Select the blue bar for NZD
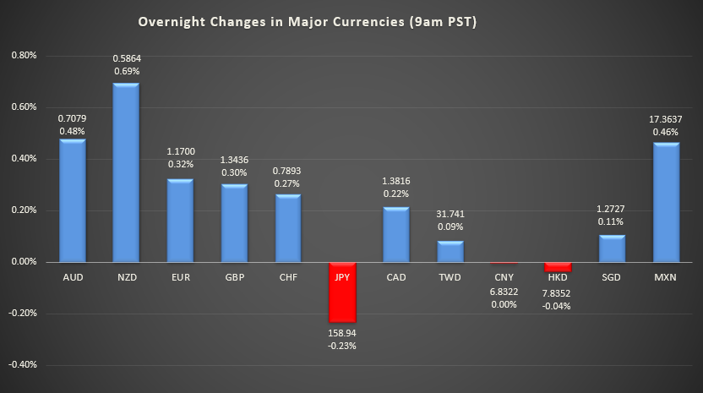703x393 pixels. (x=126, y=172)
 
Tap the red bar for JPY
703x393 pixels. (x=342, y=292)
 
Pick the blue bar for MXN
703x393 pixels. (x=666, y=203)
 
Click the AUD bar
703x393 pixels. (x=72, y=200)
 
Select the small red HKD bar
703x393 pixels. (x=558, y=267)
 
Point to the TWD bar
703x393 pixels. (x=450, y=252)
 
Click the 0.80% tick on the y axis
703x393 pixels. (x=23, y=56)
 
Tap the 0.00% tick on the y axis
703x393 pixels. (x=23, y=262)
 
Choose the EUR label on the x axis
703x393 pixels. (x=180, y=276)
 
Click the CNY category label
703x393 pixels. (x=504, y=276)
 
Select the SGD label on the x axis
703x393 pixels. (x=612, y=276)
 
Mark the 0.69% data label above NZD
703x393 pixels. (x=126, y=73)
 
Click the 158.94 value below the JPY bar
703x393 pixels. (x=342, y=333)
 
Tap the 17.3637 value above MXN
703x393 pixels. (x=666, y=119)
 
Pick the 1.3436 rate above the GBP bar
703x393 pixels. (x=234, y=161)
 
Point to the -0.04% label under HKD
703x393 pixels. (x=558, y=306)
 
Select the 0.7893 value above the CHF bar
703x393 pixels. (x=288, y=171)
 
